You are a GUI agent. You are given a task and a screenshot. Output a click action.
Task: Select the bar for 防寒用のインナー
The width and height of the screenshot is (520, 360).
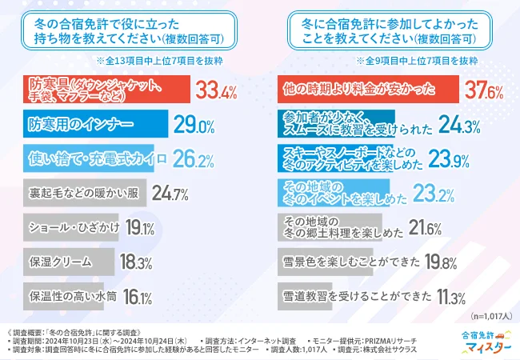[96, 125]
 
